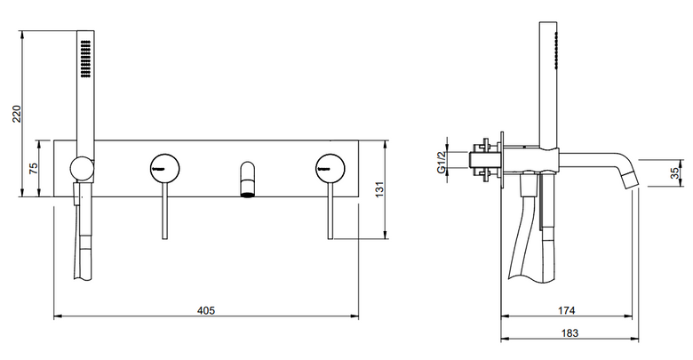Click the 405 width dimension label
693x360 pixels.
click(206, 310)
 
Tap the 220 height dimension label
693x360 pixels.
click(17, 114)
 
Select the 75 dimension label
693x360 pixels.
click(34, 169)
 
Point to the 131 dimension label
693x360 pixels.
click(380, 189)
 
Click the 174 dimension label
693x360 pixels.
click(566, 310)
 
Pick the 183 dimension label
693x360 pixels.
click(570, 333)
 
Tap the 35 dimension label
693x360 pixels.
click(675, 173)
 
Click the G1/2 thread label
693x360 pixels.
click(441, 162)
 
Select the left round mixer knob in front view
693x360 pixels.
click(165, 168)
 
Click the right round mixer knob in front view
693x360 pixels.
click(331, 168)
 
